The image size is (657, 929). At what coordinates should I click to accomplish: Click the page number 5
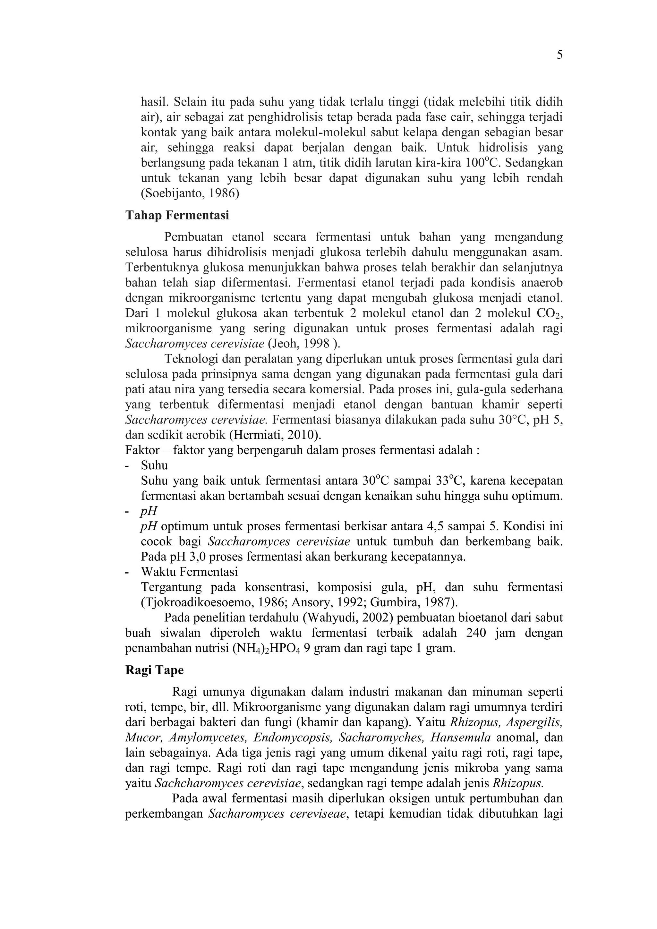pyautogui.click(x=559, y=55)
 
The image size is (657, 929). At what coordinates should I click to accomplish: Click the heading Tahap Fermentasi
pyautogui.click(x=177, y=215)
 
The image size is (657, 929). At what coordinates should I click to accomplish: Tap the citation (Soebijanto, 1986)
pyautogui.click(x=190, y=193)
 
